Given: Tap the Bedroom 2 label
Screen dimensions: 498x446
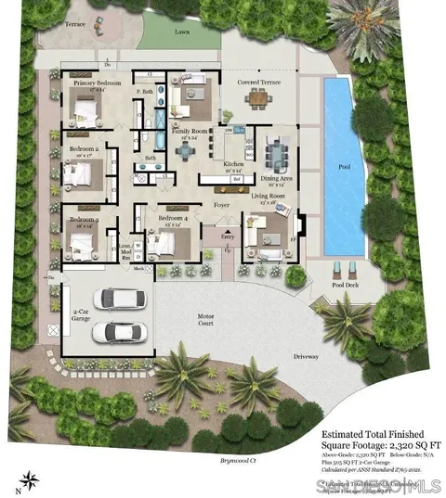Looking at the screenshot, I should click(x=85, y=148).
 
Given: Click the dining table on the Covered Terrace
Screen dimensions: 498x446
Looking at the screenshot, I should click(x=258, y=101).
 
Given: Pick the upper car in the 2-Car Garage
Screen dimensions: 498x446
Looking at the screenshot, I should click(x=120, y=299).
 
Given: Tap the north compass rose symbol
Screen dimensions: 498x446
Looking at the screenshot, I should click(x=31, y=479).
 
